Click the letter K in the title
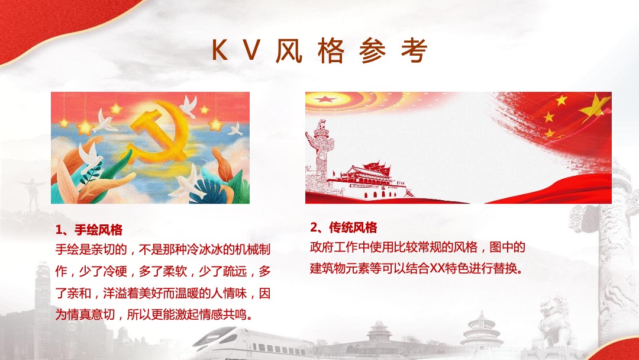220,52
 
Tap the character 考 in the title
414,52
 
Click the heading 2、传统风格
343,228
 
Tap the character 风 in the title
289,52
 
